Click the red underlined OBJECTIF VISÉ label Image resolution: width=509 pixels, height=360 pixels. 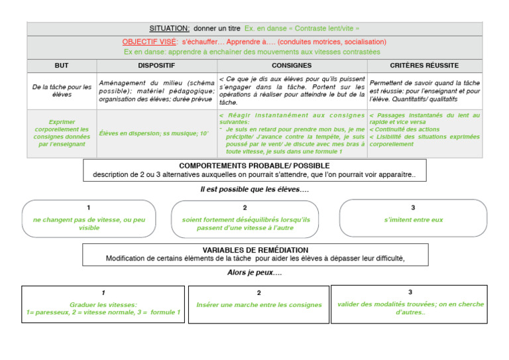(149, 42)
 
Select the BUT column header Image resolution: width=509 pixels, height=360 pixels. (62, 66)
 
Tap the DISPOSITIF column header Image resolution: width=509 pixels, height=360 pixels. (156, 66)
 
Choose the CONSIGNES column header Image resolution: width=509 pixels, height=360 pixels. (292, 66)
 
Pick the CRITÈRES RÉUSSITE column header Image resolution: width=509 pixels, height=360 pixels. (424, 66)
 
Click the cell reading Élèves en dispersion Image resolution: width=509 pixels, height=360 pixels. (154, 133)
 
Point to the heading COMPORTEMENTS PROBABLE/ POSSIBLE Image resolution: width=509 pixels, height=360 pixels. (254, 166)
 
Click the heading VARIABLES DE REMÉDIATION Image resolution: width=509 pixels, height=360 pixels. (254, 250)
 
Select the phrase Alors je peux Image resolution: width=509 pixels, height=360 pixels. (254, 272)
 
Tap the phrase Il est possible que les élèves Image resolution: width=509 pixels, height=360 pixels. (254, 190)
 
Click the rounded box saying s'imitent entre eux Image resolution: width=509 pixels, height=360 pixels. (413, 219)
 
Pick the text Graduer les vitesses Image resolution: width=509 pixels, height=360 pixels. (103, 305)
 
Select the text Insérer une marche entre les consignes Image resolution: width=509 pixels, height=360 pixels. (259, 305)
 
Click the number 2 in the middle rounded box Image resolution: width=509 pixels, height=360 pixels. (245, 208)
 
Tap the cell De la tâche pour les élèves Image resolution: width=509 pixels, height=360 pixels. (62, 91)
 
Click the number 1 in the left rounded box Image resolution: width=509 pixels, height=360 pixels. (89, 208)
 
